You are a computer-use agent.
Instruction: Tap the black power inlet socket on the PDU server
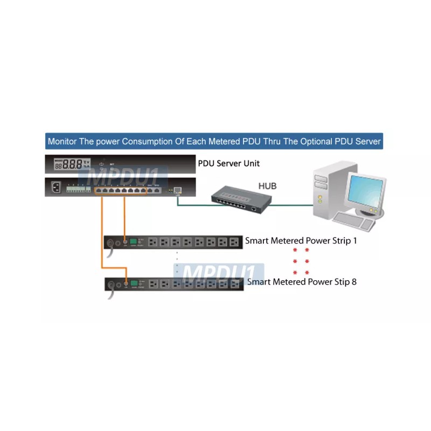[55, 189]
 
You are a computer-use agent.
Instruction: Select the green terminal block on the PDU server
[75, 189]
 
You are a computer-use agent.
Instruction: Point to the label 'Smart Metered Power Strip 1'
[301, 241]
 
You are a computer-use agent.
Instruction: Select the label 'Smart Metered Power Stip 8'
[302, 281]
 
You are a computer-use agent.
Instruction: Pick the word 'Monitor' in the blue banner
[62, 142]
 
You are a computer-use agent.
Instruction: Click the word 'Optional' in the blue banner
[307, 142]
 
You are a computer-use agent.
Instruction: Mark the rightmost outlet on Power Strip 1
[233, 242]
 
